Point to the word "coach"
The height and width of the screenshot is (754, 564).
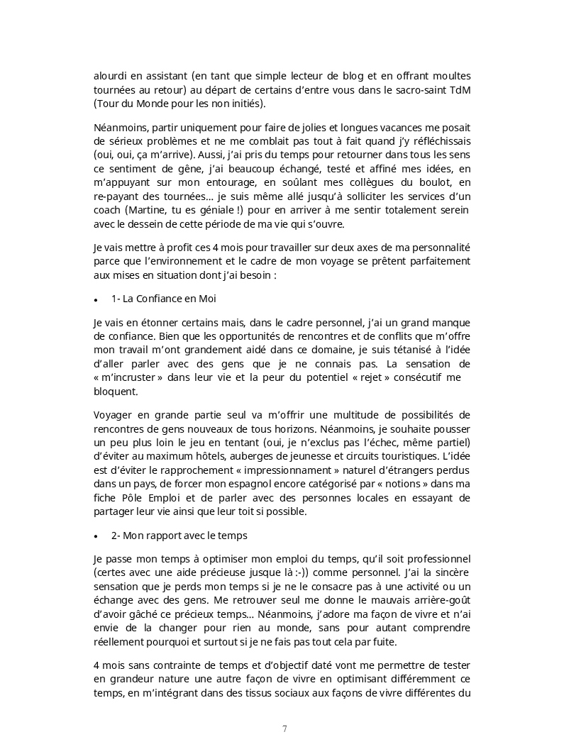[x=107, y=210]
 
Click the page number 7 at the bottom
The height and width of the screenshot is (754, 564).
[x=284, y=728]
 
